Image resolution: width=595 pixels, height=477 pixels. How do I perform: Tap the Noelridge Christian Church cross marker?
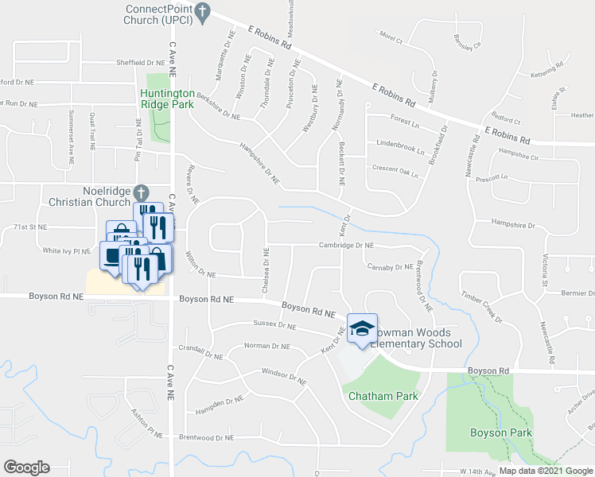[x=141, y=192]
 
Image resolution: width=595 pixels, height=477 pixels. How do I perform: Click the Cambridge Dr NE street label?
[x=346, y=246]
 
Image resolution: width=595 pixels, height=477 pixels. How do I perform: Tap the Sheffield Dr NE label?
[x=140, y=61]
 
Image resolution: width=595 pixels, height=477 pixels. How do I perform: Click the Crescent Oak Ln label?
[x=395, y=168]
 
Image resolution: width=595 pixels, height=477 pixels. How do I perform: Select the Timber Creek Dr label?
[x=482, y=307]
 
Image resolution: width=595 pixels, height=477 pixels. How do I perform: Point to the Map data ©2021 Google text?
[x=545, y=471]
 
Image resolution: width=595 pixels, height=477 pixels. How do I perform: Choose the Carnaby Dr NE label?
[x=390, y=267]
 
